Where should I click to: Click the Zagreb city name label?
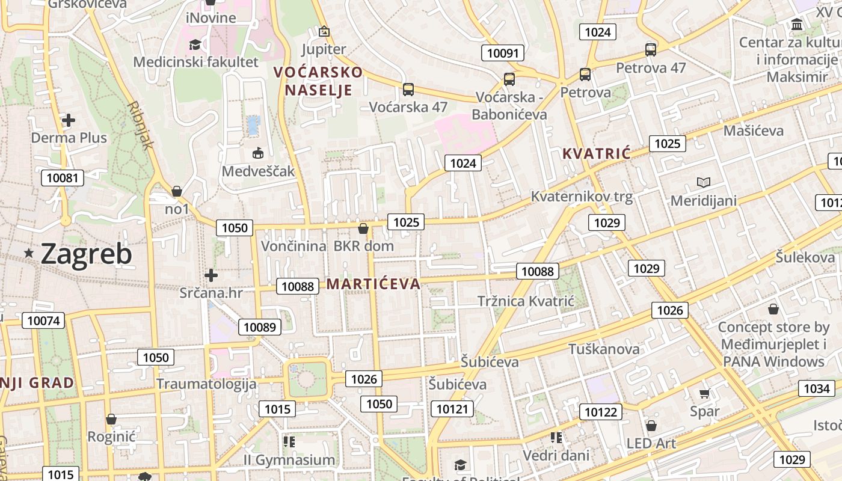coord(86,254)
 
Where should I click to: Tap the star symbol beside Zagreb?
coord(28,253)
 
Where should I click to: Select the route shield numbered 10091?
coord(502,53)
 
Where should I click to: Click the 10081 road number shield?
coord(62,177)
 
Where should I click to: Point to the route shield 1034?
coord(816,388)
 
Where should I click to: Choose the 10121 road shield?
coord(452,409)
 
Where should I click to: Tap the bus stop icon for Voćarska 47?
coord(408,90)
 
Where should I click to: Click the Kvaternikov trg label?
coord(582,197)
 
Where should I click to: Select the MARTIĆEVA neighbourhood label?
coord(373,284)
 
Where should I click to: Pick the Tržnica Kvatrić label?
coord(526,301)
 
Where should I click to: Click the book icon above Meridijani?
coord(703,182)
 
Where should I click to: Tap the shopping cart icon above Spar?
coord(705,394)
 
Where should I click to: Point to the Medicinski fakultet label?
coord(195,62)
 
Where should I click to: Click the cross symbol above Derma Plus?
coord(69,120)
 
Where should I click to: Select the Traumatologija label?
coord(206,384)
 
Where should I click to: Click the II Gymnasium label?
coord(289,460)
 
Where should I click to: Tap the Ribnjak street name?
coord(141,125)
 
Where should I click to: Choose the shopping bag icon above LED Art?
coord(651,426)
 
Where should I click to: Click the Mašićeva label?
coord(754,130)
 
